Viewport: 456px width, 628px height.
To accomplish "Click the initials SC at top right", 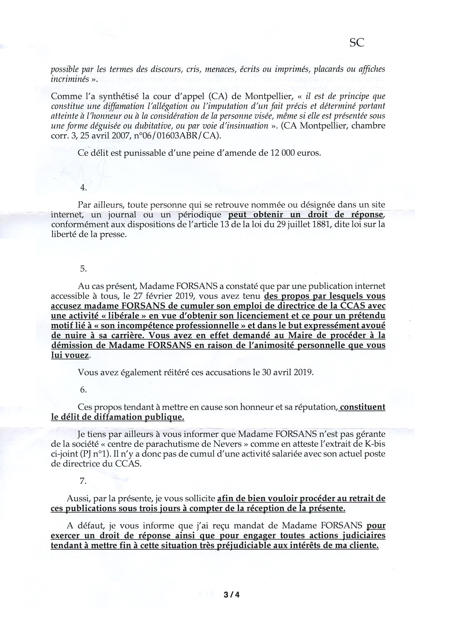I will point(356,43).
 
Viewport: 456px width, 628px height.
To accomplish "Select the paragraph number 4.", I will point(84,188).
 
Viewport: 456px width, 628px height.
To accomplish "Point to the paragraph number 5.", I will point(84,269).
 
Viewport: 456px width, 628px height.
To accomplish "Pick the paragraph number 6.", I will point(84,390).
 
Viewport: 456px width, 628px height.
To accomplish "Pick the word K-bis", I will point(374,444).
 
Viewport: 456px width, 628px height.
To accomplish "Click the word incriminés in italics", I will point(68,79).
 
